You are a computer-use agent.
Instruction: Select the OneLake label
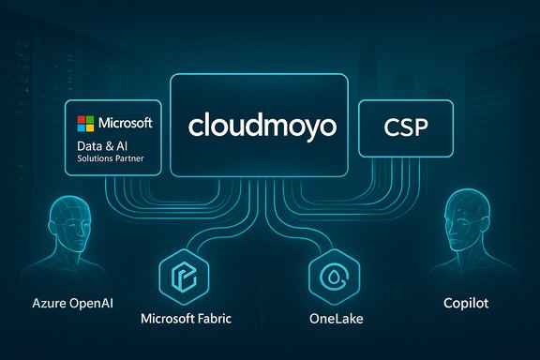pos(335,318)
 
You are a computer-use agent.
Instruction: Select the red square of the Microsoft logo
pos(82,120)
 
